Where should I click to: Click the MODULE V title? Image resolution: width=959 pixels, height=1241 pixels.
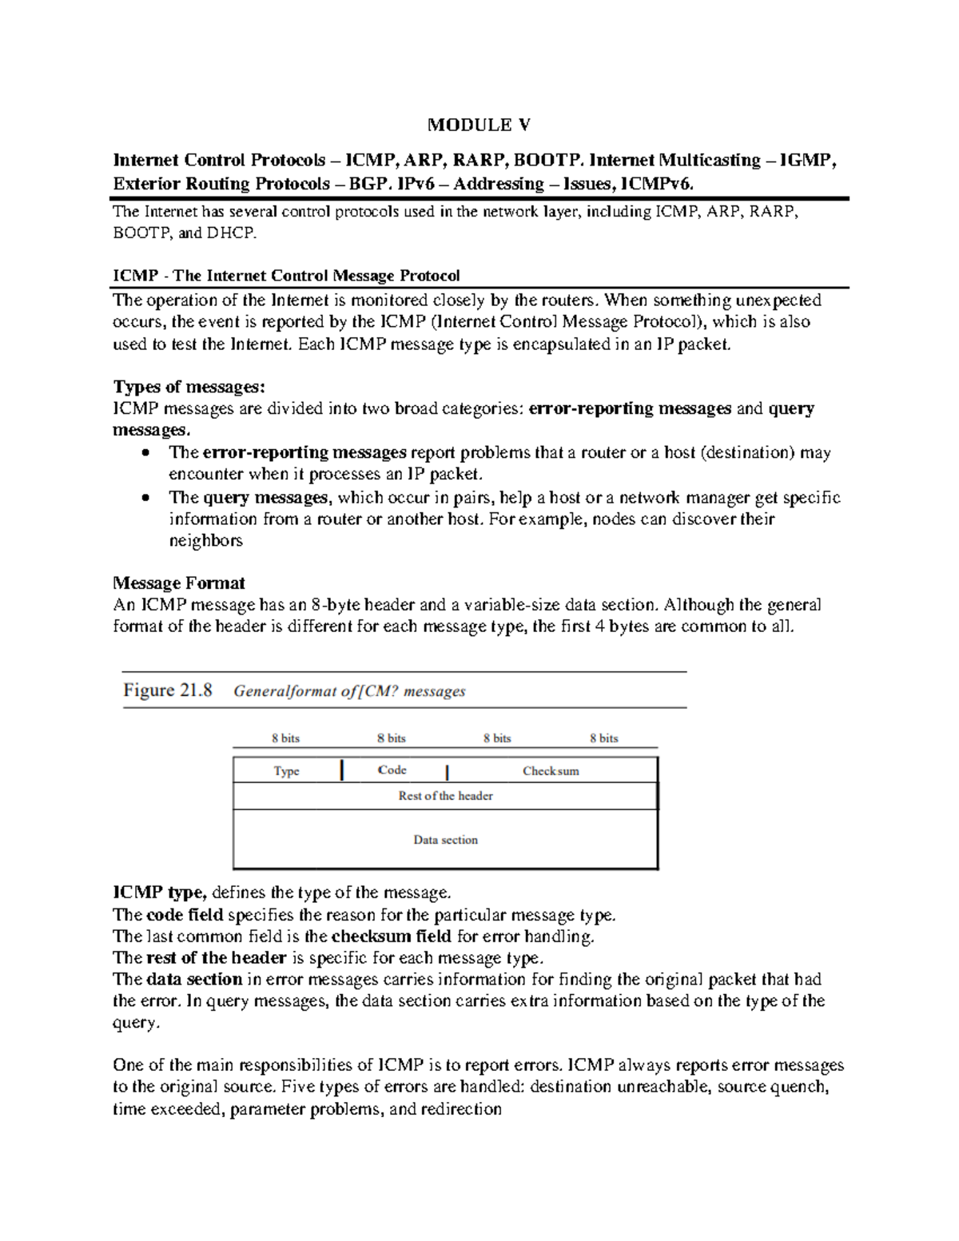(x=479, y=125)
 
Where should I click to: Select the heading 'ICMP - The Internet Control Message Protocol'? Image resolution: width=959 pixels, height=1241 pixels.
(x=286, y=276)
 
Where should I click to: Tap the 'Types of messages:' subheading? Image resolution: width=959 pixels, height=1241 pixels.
(x=189, y=387)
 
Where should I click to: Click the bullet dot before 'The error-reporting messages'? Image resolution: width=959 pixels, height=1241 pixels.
(x=145, y=453)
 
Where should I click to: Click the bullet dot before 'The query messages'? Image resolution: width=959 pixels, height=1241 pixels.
(x=145, y=498)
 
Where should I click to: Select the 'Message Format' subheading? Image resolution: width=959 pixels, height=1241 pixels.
(x=178, y=583)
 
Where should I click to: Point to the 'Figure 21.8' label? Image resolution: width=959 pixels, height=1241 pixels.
(x=168, y=690)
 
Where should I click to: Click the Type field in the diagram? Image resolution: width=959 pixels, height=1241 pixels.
(x=286, y=771)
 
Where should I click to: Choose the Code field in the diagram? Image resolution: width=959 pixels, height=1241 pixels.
(x=392, y=770)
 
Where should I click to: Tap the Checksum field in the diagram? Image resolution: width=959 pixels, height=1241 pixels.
(x=551, y=771)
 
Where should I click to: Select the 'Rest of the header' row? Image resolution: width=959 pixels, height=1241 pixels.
(x=445, y=796)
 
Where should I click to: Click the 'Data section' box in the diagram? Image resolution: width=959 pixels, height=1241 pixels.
(x=445, y=840)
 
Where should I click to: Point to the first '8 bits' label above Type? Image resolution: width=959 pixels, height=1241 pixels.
(x=285, y=738)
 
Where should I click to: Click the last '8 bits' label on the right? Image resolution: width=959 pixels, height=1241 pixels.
(x=603, y=738)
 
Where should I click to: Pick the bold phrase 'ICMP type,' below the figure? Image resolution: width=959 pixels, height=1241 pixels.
(x=160, y=893)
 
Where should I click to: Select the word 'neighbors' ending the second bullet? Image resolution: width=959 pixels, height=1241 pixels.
(x=205, y=541)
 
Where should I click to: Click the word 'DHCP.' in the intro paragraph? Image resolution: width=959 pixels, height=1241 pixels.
(x=232, y=233)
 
